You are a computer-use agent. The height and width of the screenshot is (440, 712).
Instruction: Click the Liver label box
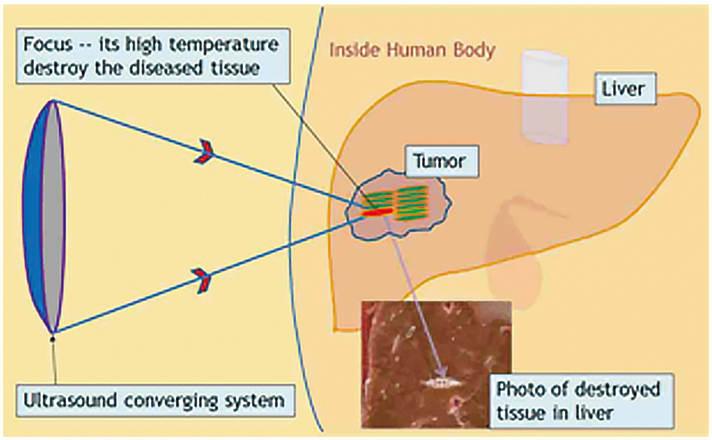click(x=625, y=89)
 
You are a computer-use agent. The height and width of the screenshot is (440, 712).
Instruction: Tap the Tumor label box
click(x=441, y=161)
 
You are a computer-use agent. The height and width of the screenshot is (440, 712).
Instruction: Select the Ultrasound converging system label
click(x=155, y=401)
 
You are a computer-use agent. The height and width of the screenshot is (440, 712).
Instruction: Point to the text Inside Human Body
click(x=412, y=50)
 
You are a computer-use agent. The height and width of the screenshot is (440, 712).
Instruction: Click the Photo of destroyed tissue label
click(x=581, y=401)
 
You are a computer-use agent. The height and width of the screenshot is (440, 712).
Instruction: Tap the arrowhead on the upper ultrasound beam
click(x=204, y=152)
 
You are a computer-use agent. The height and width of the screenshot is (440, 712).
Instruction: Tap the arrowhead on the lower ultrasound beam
click(x=203, y=280)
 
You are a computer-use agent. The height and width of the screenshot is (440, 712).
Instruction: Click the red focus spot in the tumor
click(x=377, y=212)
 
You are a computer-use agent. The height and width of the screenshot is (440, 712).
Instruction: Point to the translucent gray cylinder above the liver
click(x=545, y=97)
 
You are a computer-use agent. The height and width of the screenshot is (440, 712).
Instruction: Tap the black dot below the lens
click(x=53, y=339)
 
